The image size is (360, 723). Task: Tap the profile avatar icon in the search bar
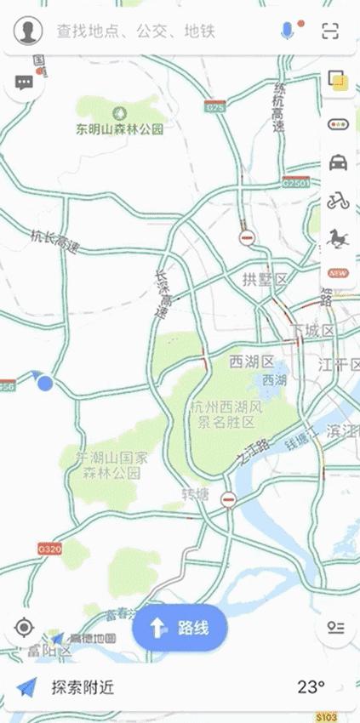[x=28, y=31]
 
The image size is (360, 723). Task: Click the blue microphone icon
[x=288, y=31]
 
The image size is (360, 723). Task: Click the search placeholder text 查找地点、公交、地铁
[x=136, y=31]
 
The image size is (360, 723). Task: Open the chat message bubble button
[x=24, y=83]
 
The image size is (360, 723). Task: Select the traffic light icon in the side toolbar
[x=339, y=124]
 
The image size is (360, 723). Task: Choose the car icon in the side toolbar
[x=339, y=162]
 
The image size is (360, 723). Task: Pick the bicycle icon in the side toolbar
[x=339, y=201]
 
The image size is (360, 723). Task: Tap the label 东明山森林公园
[x=119, y=129]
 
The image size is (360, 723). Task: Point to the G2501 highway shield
[x=295, y=183]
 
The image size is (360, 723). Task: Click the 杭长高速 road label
[x=54, y=242]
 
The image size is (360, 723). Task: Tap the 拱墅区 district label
[x=266, y=280]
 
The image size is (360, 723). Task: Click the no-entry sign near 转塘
[x=228, y=499]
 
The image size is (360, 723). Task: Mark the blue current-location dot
[x=45, y=384]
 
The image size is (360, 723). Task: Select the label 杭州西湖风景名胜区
[x=225, y=414]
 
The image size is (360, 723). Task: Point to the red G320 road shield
[x=49, y=549]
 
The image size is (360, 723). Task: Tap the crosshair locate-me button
[x=24, y=629]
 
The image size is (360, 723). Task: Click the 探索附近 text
[x=83, y=687]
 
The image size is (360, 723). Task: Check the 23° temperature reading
[x=311, y=687]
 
